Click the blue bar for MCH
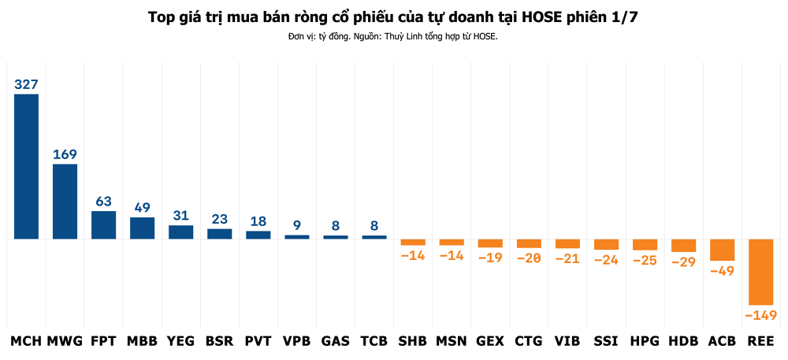(26, 166)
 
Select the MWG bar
(65, 202)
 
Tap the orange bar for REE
(761, 272)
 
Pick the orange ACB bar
(722, 250)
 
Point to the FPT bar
(103, 225)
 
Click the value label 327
(26, 84)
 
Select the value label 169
(65, 154)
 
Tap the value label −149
(761, 315)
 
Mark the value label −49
(722, 271)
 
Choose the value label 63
(103, 202)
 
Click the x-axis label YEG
(181, 341)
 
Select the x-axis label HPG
(645, 341)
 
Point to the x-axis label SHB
(413, 341)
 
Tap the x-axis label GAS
(336, 341)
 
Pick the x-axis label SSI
(606, 341)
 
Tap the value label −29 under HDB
(683, 262)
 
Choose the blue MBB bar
(142, 228)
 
